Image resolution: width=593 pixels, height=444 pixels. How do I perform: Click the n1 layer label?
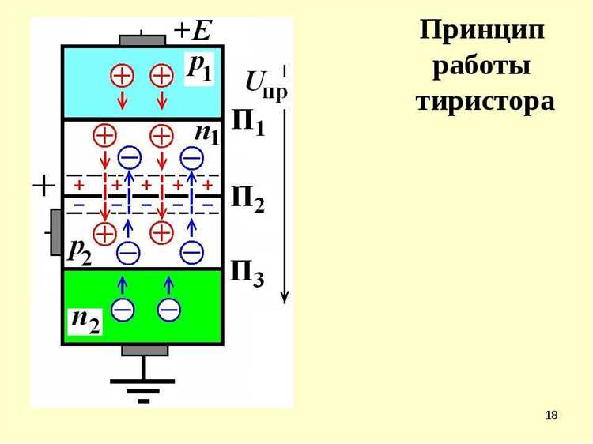pos(207,133)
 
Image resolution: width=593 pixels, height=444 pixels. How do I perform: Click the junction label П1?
pos(248,122)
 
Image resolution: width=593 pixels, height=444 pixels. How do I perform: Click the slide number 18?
pos(552,416)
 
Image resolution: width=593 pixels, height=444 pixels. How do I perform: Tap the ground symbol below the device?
pos(143,386)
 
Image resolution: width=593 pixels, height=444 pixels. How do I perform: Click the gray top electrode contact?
pos(142,40)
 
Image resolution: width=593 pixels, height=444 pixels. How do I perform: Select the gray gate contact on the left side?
pos(55,231)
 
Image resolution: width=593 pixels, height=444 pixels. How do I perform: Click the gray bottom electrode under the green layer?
pos(144,350)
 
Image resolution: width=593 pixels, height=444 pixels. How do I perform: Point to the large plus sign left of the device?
pos(43,186)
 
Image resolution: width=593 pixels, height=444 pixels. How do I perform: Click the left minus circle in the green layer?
pos(123,310)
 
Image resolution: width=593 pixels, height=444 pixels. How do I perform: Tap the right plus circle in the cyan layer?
pos(161,76)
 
